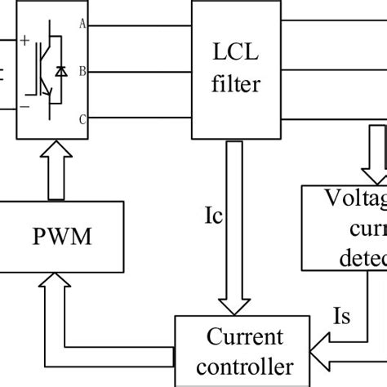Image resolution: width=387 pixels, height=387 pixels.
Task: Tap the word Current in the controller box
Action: (245, 337)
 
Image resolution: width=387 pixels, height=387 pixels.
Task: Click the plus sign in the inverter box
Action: (24, 38)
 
